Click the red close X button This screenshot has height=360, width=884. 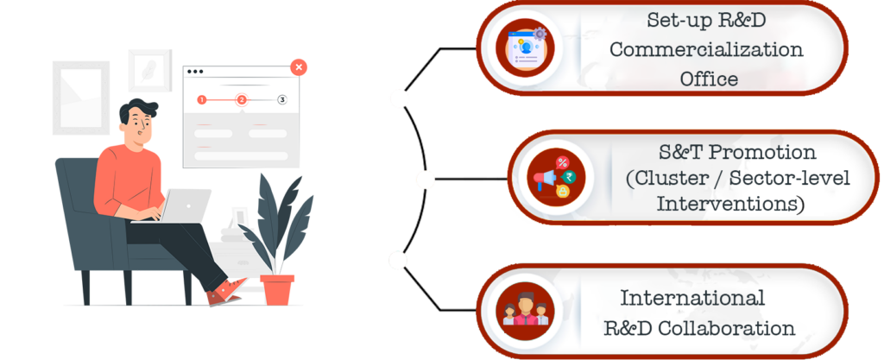click(x=298, y=66)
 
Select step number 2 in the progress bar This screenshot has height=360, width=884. click(x=242, y=100)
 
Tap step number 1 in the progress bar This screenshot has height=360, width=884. click(x=201, y=100)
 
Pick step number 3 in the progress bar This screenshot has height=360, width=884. click(x=281, y=100)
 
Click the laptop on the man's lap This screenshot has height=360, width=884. click(x=185, y=206)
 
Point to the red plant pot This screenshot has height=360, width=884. click(x=277, y=289)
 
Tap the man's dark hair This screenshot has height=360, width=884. click(x=136, y=111)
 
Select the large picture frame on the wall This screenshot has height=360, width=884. click(x=81, y=98)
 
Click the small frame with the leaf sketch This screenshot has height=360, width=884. click(x=150, y=70)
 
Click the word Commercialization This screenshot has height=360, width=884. click(x=706, y=49)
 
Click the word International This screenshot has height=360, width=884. click(x=692, y=298)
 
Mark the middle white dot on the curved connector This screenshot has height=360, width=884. click(x=425, y=180)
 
